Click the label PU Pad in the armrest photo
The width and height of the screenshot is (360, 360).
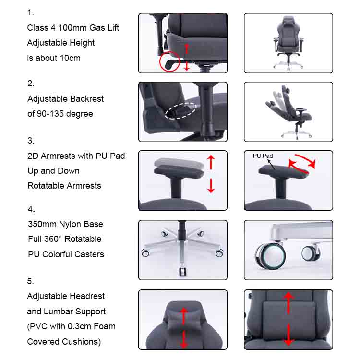click(x=263, y=156)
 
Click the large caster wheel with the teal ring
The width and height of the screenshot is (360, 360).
click(x=270, y=256)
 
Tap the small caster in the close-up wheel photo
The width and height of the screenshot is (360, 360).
click(x=311, y=253)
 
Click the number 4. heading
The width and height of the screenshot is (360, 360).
click(x=31, y=209)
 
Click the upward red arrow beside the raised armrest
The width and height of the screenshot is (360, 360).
click(x=211, y=162)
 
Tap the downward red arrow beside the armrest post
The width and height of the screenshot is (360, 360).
click(x=211, y=186)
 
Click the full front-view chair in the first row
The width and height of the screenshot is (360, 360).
click(x=288, y=43)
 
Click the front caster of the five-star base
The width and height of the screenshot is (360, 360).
click(x=183, y=272)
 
